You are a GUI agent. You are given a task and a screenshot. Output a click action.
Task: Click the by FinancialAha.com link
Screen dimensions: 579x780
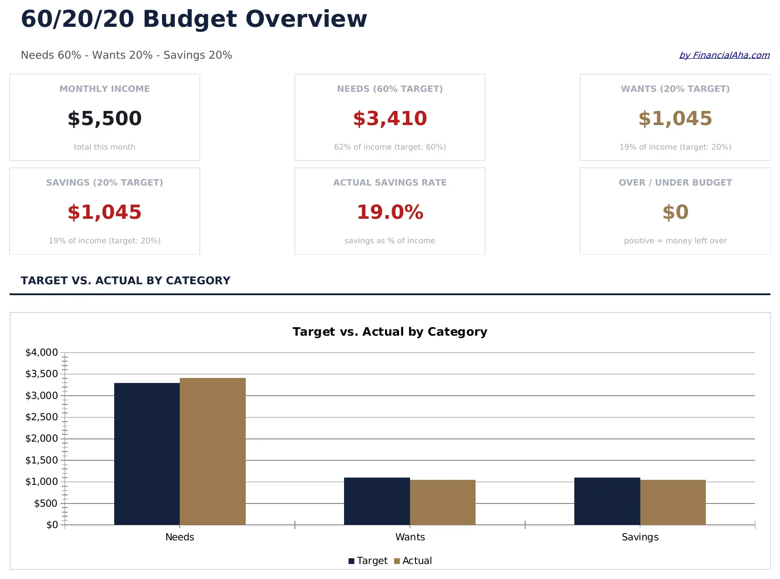724,55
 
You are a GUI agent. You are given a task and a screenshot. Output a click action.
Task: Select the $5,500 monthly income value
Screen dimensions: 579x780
105,119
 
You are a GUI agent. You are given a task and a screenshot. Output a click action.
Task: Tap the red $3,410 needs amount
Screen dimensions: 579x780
390,119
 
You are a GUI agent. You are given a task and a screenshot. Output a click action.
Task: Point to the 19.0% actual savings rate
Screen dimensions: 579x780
390,212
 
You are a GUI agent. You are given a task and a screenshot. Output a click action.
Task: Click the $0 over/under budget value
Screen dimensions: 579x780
675,212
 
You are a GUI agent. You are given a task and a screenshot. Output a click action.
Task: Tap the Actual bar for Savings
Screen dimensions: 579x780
673,502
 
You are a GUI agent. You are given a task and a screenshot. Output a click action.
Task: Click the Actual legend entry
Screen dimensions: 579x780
413,561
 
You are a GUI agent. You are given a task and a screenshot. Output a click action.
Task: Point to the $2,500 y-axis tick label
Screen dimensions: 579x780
41,417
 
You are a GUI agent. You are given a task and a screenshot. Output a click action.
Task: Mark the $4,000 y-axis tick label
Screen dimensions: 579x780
41,352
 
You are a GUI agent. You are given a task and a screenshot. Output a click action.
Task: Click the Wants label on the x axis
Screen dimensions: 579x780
410,537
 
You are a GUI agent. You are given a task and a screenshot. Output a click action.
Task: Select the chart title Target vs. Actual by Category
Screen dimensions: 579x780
390,332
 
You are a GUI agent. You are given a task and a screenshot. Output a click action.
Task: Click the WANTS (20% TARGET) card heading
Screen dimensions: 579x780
675,89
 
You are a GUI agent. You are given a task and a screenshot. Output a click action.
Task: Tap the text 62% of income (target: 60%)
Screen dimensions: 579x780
390,147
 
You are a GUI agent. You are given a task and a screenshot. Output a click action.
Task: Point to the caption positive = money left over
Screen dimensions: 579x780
675,241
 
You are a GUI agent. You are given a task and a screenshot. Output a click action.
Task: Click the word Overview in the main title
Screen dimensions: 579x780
306,19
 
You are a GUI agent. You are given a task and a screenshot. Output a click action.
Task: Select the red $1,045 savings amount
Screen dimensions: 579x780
105,212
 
